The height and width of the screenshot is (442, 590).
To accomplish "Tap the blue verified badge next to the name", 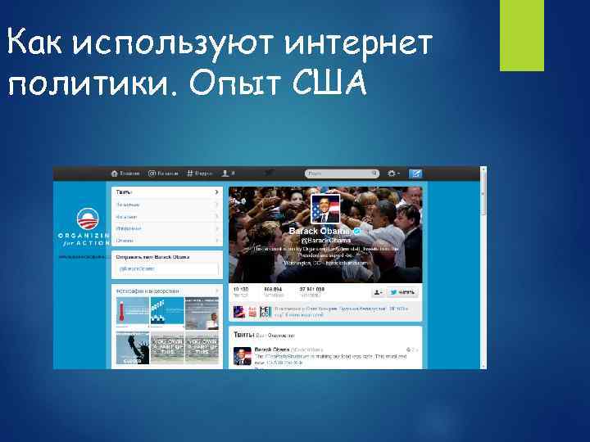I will pyautogui.click(x=356, y=232).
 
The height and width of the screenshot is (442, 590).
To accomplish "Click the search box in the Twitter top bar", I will pyautogui.click(x=339, y=174).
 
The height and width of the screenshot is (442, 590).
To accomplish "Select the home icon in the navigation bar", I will pyautogui.click(x=116, y=174).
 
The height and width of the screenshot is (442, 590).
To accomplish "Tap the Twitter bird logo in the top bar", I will pyautogui.click(x=267, y=174).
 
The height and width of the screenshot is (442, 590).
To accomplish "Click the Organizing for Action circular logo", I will pyautogui.click(x=87, y=220).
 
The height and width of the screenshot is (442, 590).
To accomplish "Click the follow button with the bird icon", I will pyautogui.click(x=403, y=291).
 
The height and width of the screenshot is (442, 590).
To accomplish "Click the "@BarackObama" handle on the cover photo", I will pyautogui.click(x=326, y=241).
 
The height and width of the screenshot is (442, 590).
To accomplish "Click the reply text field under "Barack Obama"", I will pyautogui.click(x=166, y=268).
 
